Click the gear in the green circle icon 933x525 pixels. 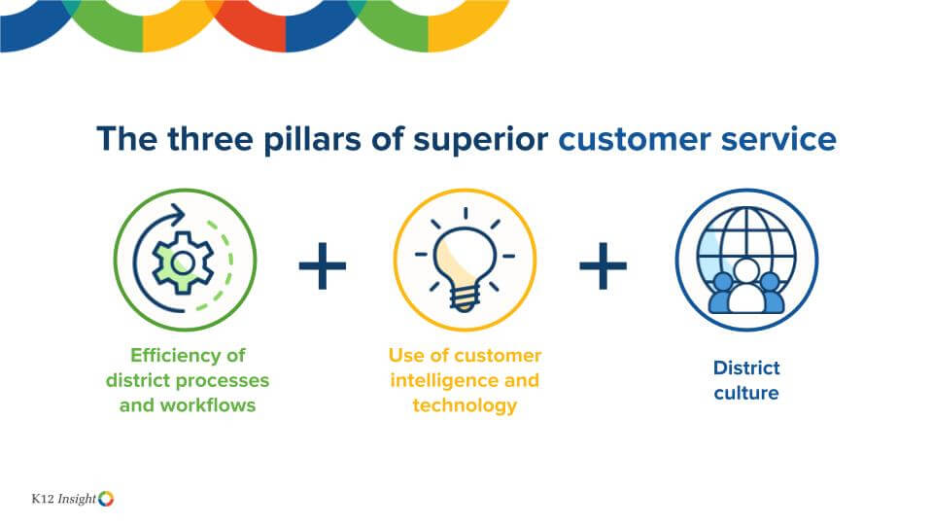(x=182, y=262)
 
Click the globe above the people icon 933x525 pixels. (x=746, y=243)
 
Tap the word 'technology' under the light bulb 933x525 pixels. (x=465, y=404)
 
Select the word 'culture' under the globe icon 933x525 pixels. (x=746, y=393)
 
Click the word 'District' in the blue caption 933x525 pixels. (x=746, y=367)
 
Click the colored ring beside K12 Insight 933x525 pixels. (x=106, y=499)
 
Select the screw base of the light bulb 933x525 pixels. (x=465, y=301)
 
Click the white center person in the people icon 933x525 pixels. (x=746, y=288)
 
